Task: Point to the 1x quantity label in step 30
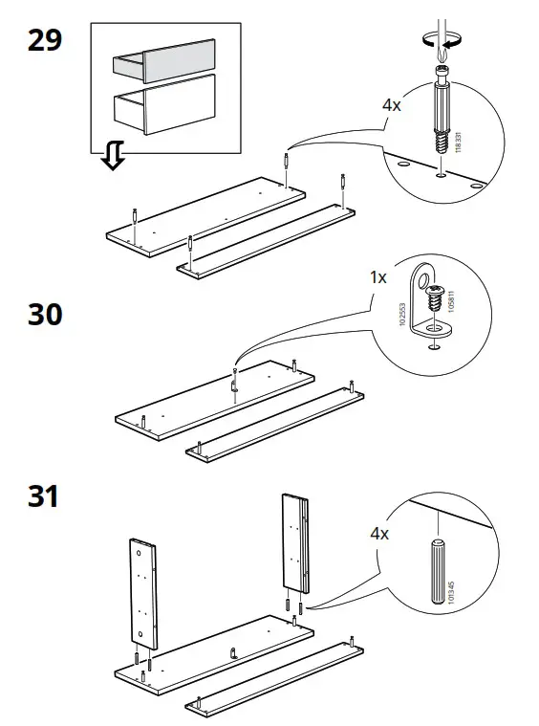[x=378, y=277]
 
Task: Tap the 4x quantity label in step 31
[x=378, y=533]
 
